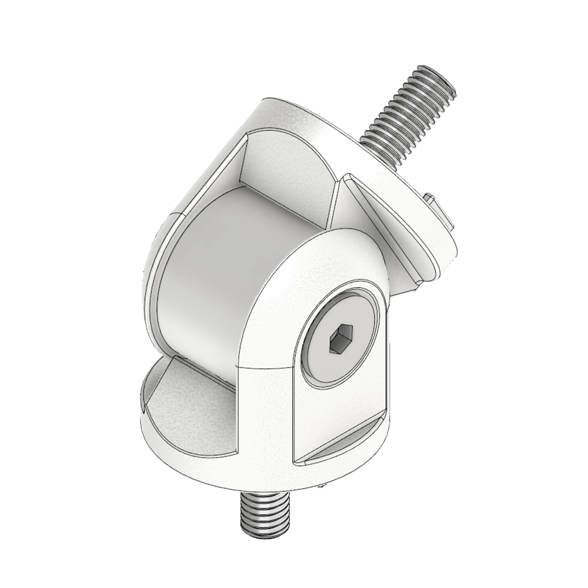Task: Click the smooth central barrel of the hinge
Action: tap(206, 276)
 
